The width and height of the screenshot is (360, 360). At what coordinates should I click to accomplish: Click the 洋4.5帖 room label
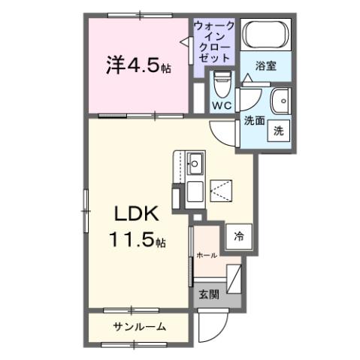138,65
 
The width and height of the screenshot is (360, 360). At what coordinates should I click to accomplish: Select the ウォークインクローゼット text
214,42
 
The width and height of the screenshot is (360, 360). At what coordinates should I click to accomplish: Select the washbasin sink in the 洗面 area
280,99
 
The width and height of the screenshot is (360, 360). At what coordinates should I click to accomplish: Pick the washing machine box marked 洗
278,130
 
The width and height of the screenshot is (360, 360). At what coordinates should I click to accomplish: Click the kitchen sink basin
196,162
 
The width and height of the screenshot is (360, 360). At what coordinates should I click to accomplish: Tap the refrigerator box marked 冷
238,234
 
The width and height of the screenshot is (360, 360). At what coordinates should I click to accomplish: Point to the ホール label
207,256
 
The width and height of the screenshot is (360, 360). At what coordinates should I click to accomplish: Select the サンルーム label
139,326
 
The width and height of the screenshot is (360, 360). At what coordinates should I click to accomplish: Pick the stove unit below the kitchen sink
195,192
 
